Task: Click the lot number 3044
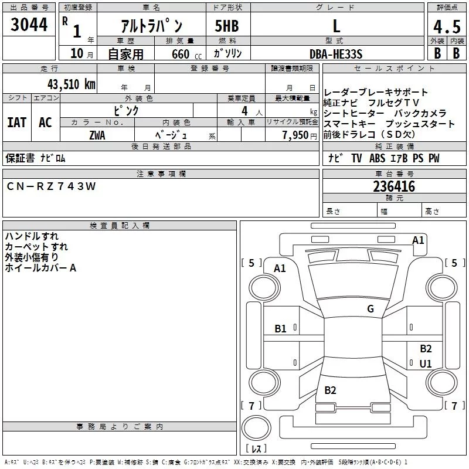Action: point(29,25)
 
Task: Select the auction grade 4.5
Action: point(447,27)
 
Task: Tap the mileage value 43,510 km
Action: point(72,84)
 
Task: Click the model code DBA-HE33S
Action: point(336,54)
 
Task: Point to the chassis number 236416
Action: point(394,186)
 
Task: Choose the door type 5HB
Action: point(227,26)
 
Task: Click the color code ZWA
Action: point(97,135)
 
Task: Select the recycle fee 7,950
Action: point(295,135)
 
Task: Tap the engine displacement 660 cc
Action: point(186,54)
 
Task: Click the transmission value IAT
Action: point(17,123)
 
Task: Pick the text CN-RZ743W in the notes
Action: point(51,186)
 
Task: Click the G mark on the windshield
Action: point(371,308)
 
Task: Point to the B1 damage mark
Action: point(280,329)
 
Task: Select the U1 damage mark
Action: point(426,363)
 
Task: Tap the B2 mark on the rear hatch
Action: point(330,390)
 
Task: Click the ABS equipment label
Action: point(377,158)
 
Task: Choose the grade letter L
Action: point(337,26)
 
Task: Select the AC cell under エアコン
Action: point(45,123)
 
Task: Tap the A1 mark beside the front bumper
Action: point(418,240)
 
